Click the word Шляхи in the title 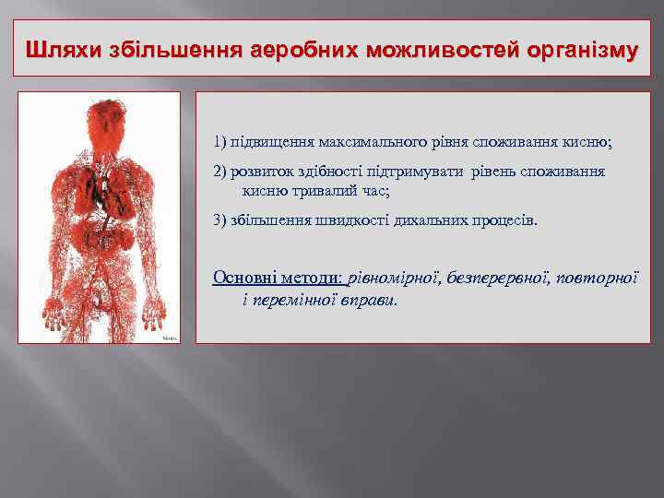click(x=59, y=48)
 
